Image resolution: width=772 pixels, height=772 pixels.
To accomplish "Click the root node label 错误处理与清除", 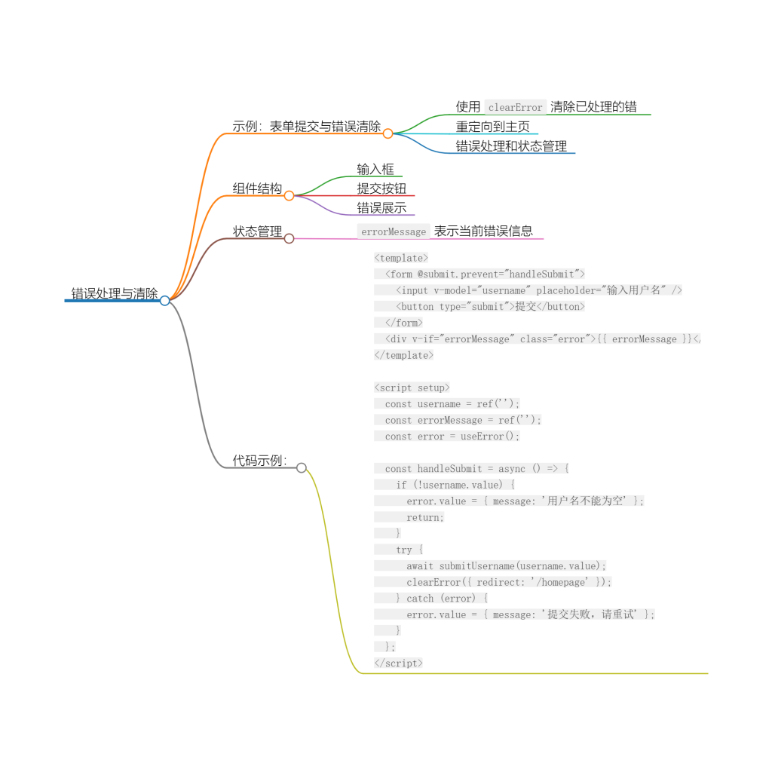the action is (x=115, y=293).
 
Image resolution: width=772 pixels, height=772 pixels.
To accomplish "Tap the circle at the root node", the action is (x=165, y=300).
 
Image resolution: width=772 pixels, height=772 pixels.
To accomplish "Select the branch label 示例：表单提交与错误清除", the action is (x=307, y=127).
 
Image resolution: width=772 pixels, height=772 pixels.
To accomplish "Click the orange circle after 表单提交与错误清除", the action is (x=388, y=133).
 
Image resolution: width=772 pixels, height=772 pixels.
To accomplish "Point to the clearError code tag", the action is (x=515, y=107).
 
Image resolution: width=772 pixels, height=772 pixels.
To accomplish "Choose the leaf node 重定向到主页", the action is (x=492, y=127).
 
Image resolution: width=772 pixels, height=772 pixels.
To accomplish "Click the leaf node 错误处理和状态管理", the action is (x=511, y=146).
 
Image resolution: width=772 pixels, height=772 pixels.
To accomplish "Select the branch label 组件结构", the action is (x=257, y=188).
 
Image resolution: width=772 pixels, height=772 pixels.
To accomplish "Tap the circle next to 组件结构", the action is (x=289, y=196).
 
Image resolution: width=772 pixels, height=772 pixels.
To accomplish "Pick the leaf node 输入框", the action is (x=375, y=170).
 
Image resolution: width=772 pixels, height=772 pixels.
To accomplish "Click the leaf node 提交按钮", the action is (x=381, y=188).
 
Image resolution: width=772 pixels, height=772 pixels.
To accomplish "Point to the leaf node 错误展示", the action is (x=381, y=208).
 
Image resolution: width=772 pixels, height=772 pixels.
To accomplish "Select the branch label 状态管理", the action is (x=257, y=231).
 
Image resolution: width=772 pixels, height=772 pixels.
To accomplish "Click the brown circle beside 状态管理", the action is (x=289, y=239).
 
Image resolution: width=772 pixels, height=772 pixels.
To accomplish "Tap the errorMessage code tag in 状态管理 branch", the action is (x=394, y=231).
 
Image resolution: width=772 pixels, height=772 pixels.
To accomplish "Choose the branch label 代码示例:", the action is (x=259, y=461).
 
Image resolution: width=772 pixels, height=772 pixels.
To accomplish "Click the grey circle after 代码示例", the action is (x=302, y=467).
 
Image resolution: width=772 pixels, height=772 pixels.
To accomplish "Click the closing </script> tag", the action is (x=398, y=663).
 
